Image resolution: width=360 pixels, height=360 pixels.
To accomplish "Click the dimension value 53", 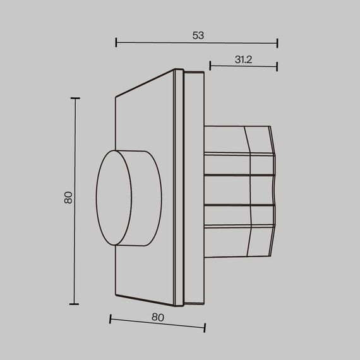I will [198, 36].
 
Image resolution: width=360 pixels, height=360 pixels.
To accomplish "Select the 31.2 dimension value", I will [243, 60].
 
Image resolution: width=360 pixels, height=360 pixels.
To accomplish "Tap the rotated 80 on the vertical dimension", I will [69, 198].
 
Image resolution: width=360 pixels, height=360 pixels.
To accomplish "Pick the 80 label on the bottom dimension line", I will [158, 318].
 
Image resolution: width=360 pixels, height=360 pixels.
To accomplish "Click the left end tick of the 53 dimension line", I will [117, 43].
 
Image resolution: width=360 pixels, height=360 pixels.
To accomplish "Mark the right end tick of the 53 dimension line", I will [277, 43].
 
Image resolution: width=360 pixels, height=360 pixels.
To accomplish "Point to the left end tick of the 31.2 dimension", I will [210, 65].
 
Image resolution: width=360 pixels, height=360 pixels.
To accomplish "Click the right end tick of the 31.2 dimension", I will [277, 65].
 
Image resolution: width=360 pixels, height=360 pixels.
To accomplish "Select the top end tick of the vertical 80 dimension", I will [75, 99].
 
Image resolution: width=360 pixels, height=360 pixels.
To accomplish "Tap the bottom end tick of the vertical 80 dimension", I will [75, 304].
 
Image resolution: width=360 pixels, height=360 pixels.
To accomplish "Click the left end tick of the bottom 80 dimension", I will [111, 319].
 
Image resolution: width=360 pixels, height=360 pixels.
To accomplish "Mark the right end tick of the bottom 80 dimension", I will [205, 327].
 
